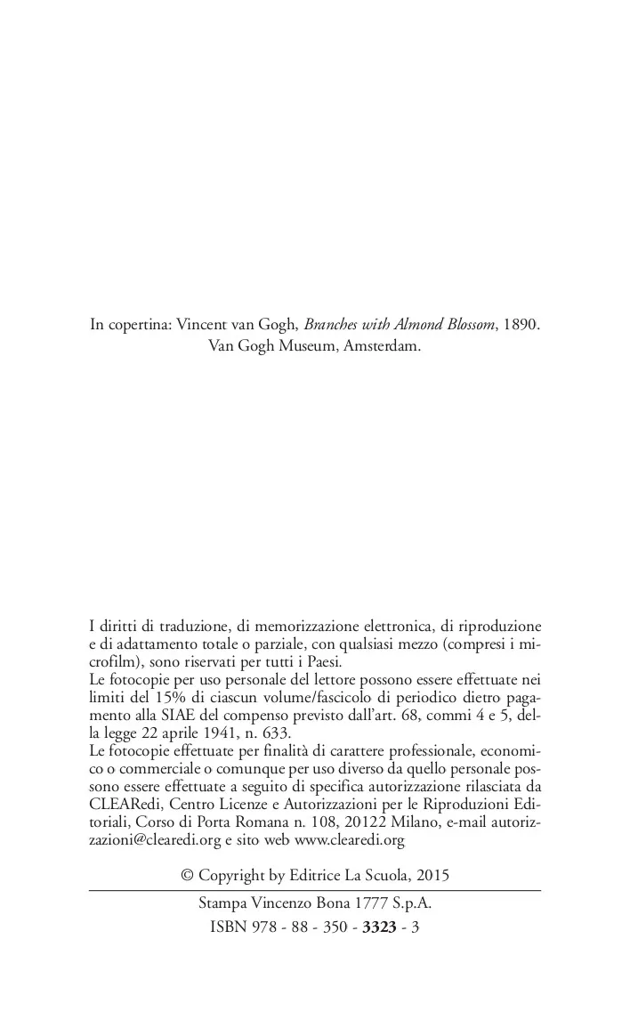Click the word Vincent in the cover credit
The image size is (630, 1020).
[x=202, y=325]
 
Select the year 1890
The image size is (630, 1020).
[x=521, y=325]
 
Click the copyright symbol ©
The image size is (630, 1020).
[x=187, y=875]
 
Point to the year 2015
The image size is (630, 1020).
[x=432, y=875]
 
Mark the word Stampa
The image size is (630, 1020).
[x=222, y=903]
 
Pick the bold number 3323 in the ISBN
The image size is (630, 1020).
[x=379, y=927]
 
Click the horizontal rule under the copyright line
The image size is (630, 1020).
[x=315, y=889]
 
